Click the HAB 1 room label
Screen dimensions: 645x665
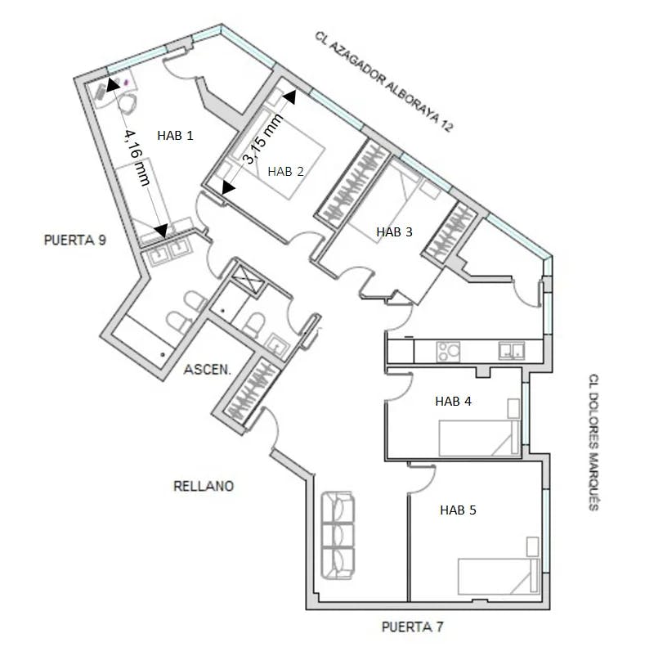point(175,135)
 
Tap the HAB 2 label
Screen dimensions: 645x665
point(285,171)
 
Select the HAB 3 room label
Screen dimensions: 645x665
point(394,232)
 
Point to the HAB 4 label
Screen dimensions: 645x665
point(453,401)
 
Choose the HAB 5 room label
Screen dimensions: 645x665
point(458,510)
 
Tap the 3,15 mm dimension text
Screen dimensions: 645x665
point(262,138)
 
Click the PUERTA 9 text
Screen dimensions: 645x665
point(75,240)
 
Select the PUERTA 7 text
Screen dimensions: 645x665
point(412,627)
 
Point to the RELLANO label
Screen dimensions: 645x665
point(204,486)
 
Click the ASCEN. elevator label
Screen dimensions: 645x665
point(208,370)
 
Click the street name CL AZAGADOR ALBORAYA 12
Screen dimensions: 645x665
point(384,81)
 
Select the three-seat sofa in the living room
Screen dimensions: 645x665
point(338,536)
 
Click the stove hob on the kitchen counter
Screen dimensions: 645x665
point(448,352)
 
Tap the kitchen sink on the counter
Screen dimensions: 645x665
point(512,351)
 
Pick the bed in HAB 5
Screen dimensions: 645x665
point(499,577)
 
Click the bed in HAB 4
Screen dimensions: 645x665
point(479,438)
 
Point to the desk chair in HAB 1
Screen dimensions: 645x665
point(128,103)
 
